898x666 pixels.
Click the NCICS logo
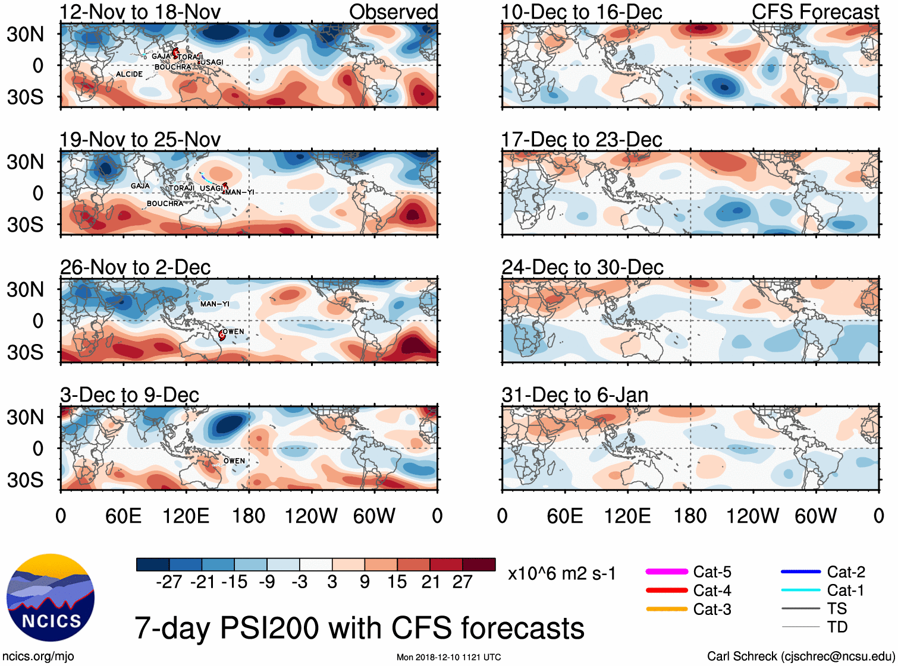click(x=51, y=598)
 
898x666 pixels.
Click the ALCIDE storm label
click(x=129, y=74)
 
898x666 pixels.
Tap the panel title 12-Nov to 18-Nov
click(x=140, y=12)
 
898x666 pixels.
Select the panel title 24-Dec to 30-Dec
click(x=582, y=267)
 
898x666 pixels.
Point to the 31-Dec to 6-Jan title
click(x=574, y=395)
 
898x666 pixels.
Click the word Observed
click(x=393, y=12)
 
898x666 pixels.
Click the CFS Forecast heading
click(x=815, y=12)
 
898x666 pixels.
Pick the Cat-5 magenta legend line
click(x=667, y=572)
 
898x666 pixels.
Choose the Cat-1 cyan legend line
click(x=800, y=590)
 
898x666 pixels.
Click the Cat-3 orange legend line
click(x=667, y=609)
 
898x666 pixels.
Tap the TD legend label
click(x=837, y=627)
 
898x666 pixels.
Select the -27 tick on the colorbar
click(x=169, y=582)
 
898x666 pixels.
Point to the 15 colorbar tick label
click(x=397, y=582)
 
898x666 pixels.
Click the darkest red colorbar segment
click(x=479, y=564)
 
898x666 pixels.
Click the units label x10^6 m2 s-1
click(x=561, y=574)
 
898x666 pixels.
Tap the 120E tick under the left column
click(x=186, y=516)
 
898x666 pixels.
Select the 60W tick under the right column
click(x=815, y=516)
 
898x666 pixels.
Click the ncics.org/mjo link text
click(x=38, y=656)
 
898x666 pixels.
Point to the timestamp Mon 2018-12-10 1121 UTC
click(x=448, y=657)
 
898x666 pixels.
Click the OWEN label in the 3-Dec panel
click(x=234, y=461)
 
